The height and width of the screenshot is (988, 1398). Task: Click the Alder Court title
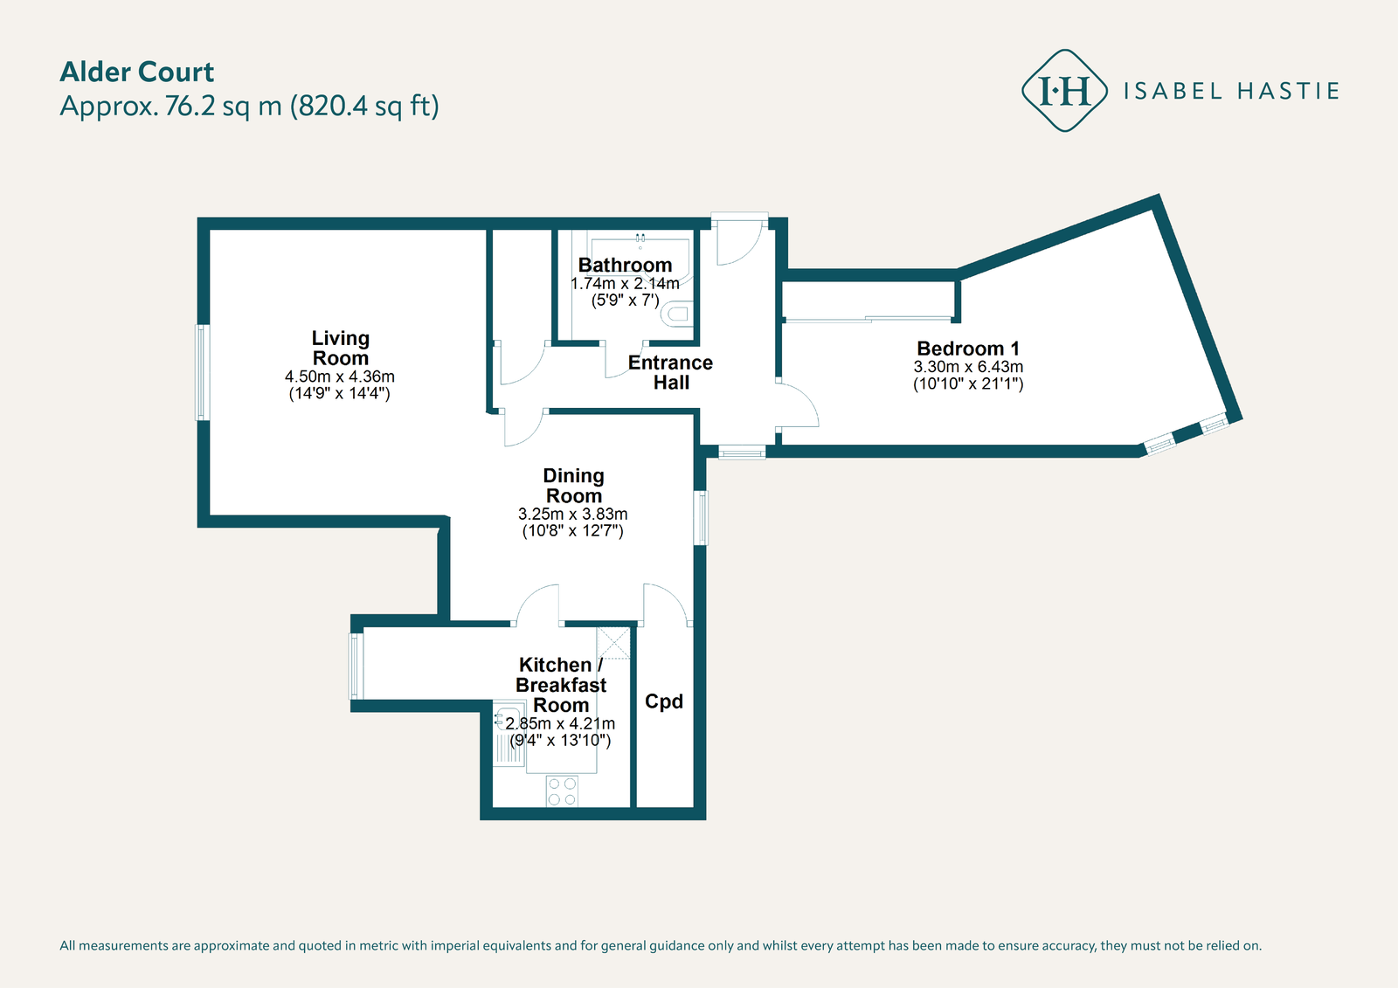coord(137,73)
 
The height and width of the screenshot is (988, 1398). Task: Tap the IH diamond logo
coord(1064,91)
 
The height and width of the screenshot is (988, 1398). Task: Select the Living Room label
coord(341,348)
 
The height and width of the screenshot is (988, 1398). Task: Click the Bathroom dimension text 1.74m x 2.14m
coord(625,284)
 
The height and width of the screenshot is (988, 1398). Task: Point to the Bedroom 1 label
coord(968,349)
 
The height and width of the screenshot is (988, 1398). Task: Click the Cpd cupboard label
coord(664,701)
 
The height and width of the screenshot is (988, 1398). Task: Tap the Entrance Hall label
coord(671,372)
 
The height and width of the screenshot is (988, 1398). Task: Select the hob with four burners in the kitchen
coord(562,791)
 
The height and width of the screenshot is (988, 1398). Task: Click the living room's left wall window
coord(203,372)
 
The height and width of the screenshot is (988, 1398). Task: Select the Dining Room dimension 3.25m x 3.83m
coord(573,515)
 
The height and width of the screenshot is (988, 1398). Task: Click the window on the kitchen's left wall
coord(356,666)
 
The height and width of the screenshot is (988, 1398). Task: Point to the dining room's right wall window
coord(701,518)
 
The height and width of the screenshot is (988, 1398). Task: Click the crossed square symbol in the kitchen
coord(613,643)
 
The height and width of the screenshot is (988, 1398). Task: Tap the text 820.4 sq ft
coord(364,107)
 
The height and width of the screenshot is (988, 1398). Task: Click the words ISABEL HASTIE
coord(1231,92)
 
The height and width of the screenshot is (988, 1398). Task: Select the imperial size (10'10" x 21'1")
coord(968,383)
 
